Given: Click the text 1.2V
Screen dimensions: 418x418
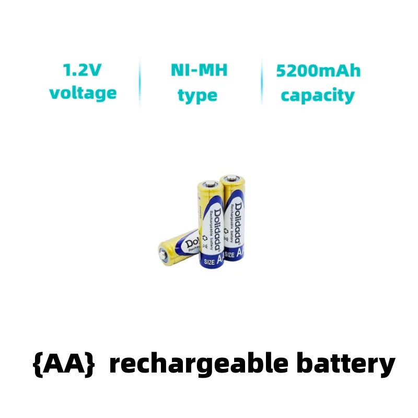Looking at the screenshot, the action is coord(82,69).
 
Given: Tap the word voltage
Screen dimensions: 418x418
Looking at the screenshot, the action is coord(83,93).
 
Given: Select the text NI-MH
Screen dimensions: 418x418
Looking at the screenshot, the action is coord(199,70).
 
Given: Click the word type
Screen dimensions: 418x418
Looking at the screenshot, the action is coord(197,96).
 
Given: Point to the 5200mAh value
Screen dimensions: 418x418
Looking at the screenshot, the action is coord(318,71).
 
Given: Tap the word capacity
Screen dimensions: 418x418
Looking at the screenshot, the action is coord(318,96).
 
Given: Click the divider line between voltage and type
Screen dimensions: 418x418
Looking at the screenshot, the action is coord(140,83).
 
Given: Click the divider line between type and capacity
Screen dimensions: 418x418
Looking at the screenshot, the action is coord(261,83).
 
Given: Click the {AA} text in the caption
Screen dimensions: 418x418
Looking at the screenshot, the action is coord(64,364).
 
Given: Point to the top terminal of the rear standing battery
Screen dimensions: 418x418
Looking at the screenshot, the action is coord(232,178).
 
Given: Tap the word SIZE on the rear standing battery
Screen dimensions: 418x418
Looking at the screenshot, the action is coord(229,254).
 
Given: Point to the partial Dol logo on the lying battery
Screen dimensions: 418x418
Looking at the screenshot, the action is coord(188,242).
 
